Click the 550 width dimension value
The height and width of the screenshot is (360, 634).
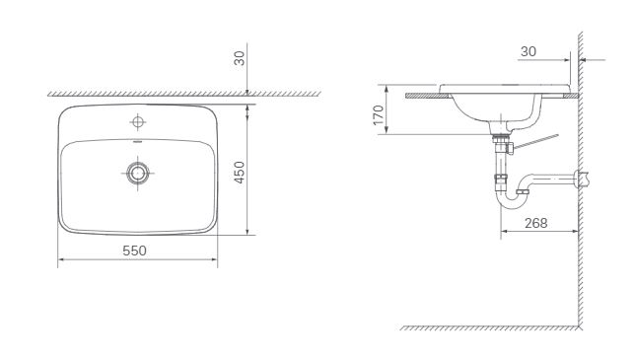click(x=135, y=251)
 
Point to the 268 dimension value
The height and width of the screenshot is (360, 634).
click(x=536, y=223)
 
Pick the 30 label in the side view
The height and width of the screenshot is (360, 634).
click(x=528, y=52)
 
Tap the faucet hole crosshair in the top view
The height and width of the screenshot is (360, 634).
click(x=138, y=122)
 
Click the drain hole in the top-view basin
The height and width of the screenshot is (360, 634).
click(x=138, y=173)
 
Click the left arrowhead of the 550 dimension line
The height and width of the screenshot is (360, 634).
click(x=61, y=260)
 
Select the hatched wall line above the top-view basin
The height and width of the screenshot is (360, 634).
click(x=148, y=94)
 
